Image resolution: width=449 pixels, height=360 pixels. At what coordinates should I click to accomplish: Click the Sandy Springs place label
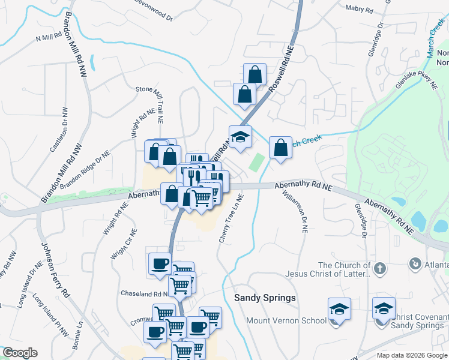[265, 298]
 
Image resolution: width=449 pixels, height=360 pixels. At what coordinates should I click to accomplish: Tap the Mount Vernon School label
[286, 320]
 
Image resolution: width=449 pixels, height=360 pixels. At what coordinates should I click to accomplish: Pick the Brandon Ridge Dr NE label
[85, 170]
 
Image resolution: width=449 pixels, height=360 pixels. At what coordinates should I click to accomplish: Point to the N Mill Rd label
[49, 37]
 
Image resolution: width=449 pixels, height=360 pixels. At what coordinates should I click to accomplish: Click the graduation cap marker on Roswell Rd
[240, 136]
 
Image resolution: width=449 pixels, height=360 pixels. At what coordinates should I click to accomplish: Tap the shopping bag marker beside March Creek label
[280, 147]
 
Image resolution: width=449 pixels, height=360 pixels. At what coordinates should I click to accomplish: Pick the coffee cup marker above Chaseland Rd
[160, 263]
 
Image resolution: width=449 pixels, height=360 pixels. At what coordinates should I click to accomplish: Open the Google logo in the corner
[19, 353]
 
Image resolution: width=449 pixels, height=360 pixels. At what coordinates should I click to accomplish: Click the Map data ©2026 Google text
[411, 355]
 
